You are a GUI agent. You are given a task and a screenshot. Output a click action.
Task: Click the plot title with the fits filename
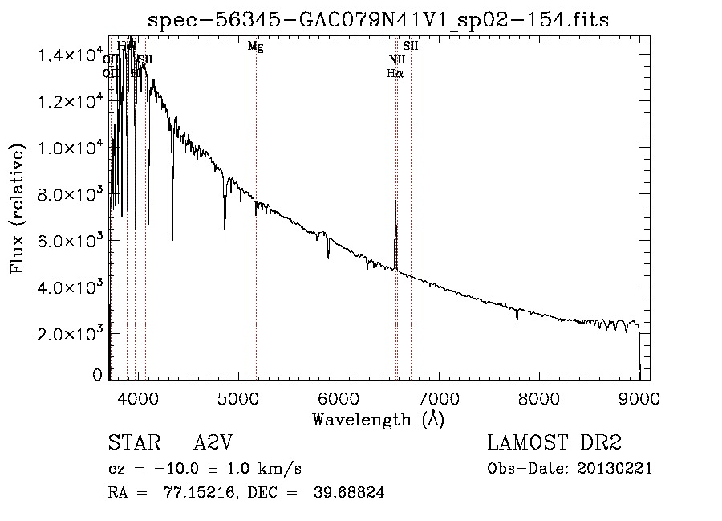(378, 21)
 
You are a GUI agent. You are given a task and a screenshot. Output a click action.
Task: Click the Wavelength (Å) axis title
(378, 419)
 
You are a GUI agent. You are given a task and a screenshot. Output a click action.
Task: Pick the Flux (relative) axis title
(18, 207)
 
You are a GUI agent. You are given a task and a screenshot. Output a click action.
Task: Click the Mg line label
(255, 47)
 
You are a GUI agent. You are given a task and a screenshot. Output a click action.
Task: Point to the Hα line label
(394, 73)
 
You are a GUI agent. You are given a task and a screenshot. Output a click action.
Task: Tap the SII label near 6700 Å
(411, 47)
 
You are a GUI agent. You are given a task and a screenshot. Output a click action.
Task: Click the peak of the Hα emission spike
(395, 201)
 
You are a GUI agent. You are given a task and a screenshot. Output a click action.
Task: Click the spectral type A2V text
(213, 443)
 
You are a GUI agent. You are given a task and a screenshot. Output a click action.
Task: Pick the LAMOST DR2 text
(554, 443)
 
